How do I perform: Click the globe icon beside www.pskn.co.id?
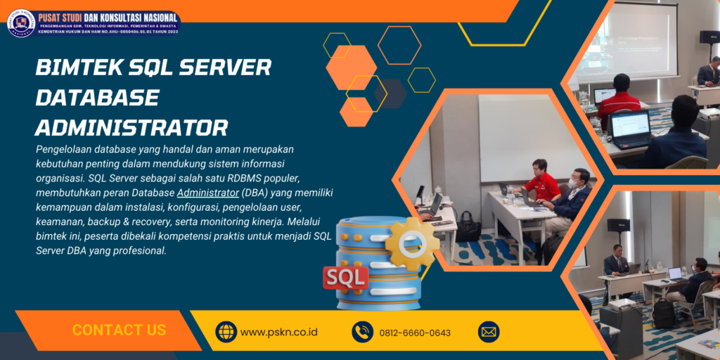pyautogui.click(x=226, y=331)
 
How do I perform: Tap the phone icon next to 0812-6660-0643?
pyautogui.click(x=362, y=331)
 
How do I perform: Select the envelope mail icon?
pyautogui.click(x=488, y=331)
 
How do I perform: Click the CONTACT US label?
pyautogui.click(x=119, y=330)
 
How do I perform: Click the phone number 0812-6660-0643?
pyautogui.click(x=415, y=333)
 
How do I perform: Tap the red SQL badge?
pyautogui.click(x=345, y=276)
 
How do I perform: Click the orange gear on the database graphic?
pyautogui.click(x=411, y=243)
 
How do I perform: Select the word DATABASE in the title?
pyautogui.click(x=97, y=97)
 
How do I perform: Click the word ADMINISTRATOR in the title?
pyautogui.click(x=131, y=127)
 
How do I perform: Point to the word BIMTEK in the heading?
pyautogui.click(x=78, y=67)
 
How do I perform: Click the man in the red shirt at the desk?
pyautogui.click(x=541, y=184)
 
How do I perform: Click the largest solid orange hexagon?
pyautogui.click(x=351, y=67)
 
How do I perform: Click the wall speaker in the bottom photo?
pyautogui.click(x=617, y=225)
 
